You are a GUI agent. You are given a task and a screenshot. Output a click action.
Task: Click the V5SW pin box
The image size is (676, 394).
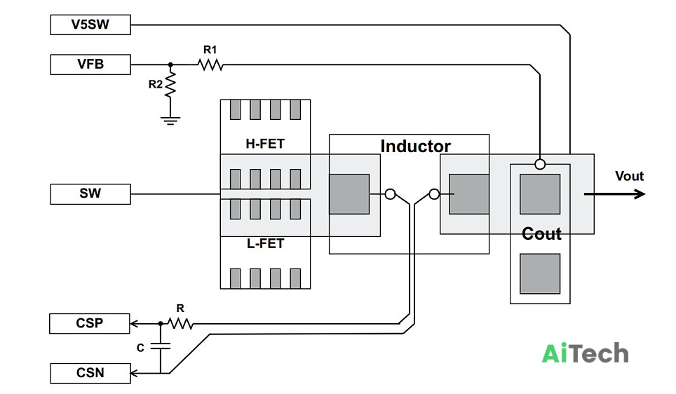tap(90, 25)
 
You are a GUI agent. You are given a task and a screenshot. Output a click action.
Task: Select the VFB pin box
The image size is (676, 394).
tap(90, 64)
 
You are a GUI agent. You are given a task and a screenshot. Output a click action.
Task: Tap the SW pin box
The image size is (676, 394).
tap(90, 194)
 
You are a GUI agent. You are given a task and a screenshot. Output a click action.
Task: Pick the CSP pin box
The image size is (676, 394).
tap(90, 323)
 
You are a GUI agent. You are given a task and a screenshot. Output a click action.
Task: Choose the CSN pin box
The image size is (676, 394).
tap(90, 373)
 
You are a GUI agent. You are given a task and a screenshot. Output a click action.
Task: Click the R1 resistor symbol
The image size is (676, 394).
tap(210, 64)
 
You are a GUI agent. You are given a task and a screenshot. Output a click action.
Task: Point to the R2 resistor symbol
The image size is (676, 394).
tap(170, 84)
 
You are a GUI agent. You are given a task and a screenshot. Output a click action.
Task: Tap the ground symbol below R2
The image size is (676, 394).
tap(170, 121)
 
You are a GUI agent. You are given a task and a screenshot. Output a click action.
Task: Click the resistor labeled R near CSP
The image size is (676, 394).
tap(180, 323)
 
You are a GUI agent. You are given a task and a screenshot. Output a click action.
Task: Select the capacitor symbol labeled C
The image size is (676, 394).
tap(161, 346)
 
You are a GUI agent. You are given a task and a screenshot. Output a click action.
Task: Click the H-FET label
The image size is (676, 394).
tap(265, 144)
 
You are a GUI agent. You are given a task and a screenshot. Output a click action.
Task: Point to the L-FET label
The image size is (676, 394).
tap(265, 243)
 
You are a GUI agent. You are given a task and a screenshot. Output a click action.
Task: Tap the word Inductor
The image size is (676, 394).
tap(416, 146)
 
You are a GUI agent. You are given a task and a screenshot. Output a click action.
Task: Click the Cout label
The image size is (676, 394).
tap(541, 234)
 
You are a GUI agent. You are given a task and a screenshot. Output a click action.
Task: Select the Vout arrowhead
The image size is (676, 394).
tap(639, 194)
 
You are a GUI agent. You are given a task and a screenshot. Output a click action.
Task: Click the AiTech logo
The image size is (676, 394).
tap(585, 353)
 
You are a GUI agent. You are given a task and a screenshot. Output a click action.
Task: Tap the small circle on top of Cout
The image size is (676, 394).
tap(540, 164)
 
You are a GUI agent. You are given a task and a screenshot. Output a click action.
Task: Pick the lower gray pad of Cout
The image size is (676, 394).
tap(540, 273)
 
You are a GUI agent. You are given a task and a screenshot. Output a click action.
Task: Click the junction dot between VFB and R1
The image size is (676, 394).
tap(170, 64)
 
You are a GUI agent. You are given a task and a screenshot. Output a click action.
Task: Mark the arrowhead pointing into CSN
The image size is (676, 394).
tap(134, 373)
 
